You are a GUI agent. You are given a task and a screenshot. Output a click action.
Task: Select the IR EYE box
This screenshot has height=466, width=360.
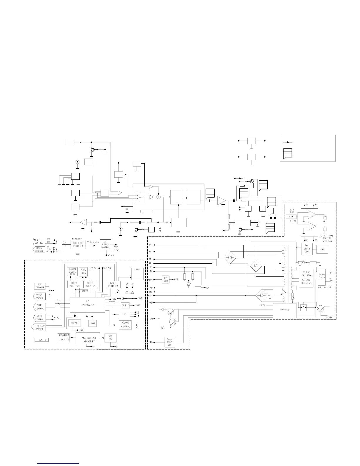pyautogui.click(x=125, y=306)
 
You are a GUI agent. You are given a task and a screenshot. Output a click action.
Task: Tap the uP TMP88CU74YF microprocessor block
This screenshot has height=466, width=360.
pyautogui.click(x=87, y=305)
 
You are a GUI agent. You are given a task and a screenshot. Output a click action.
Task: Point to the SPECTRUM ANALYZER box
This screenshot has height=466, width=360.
pyautogui.click(x=64, y=337)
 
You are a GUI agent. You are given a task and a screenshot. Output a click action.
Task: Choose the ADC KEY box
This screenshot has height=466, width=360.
pyautogui.click(x=110, y=337)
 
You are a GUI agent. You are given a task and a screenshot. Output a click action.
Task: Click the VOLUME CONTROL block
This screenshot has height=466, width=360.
pyautogui.click(x=125, y=324)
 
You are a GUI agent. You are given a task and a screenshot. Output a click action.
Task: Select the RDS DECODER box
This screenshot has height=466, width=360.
pyautogui.click(x=40, y=286)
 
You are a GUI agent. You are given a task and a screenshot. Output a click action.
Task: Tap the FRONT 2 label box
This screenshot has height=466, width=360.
pyautogui.click(x=41, y=340)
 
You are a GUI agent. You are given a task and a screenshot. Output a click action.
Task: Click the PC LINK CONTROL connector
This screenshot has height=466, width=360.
pyautogui.click(x=39, y=328)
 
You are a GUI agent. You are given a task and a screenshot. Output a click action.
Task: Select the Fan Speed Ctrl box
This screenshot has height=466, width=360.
pyautogui.click(x=306, y=251)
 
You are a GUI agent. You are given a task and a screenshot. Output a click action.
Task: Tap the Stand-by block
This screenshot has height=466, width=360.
pyautogui.click(x=284, y=310)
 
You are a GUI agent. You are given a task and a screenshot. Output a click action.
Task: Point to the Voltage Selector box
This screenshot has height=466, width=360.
pyautogui.click(x=306, y=278)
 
